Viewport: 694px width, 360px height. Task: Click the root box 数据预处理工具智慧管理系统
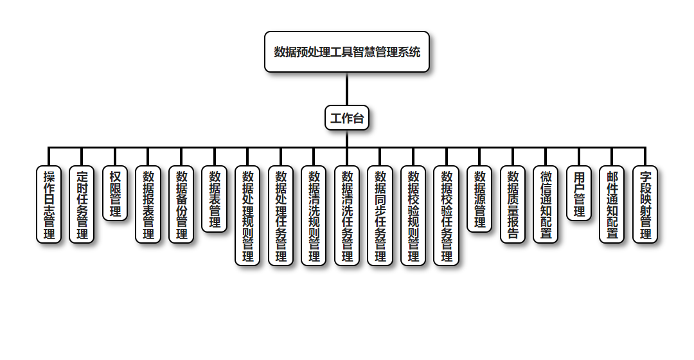(x=347, y=52)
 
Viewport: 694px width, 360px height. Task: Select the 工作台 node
(x=347, y=118)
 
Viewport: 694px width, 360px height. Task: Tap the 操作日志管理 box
(x=49, y=204)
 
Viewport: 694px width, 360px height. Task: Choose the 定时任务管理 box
(x=82, y=204)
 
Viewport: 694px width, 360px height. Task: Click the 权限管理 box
(x=115, y=194)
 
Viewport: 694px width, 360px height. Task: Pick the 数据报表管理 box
(x=148, y=204)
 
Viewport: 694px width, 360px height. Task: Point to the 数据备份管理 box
(x=181, y=204)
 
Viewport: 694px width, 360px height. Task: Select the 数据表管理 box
(x=215, y=199)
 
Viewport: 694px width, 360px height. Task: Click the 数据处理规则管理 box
(x=247, y=216)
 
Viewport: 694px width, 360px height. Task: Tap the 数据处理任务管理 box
(x=281, y=216)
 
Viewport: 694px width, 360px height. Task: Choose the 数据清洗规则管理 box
(x=314, y=216)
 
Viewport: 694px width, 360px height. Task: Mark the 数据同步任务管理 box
(x=380, y=216)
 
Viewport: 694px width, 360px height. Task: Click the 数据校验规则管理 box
(x=413, y=216)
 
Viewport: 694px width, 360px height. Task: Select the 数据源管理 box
(x=479, y=199)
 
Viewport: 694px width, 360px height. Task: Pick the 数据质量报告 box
(x=513, y=204)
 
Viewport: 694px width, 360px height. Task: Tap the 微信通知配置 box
(x=546, y=204)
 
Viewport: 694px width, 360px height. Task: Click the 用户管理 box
(x=579, y=194)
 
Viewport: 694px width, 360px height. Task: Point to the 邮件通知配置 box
(x=612, y=204)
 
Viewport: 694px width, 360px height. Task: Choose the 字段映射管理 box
(x=645, y=204)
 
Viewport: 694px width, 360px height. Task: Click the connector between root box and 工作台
(x=347, y=89)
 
